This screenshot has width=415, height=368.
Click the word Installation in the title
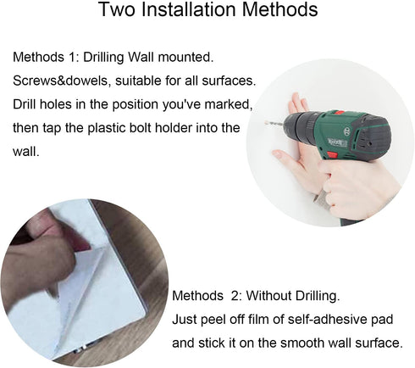[189, 9]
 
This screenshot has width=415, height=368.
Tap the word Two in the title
[118, 9]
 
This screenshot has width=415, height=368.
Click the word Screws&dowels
[60, 81]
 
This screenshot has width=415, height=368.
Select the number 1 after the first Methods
[72, 57]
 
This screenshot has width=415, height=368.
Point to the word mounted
[185, 57]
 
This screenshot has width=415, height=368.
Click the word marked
[229, 104]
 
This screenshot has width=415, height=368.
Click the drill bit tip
[267, 122]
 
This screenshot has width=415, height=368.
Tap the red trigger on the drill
[332, 154]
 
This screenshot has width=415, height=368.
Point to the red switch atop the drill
[339, 113]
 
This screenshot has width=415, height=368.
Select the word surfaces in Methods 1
[229, 81]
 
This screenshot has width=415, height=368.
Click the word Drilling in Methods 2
[318, 296]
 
